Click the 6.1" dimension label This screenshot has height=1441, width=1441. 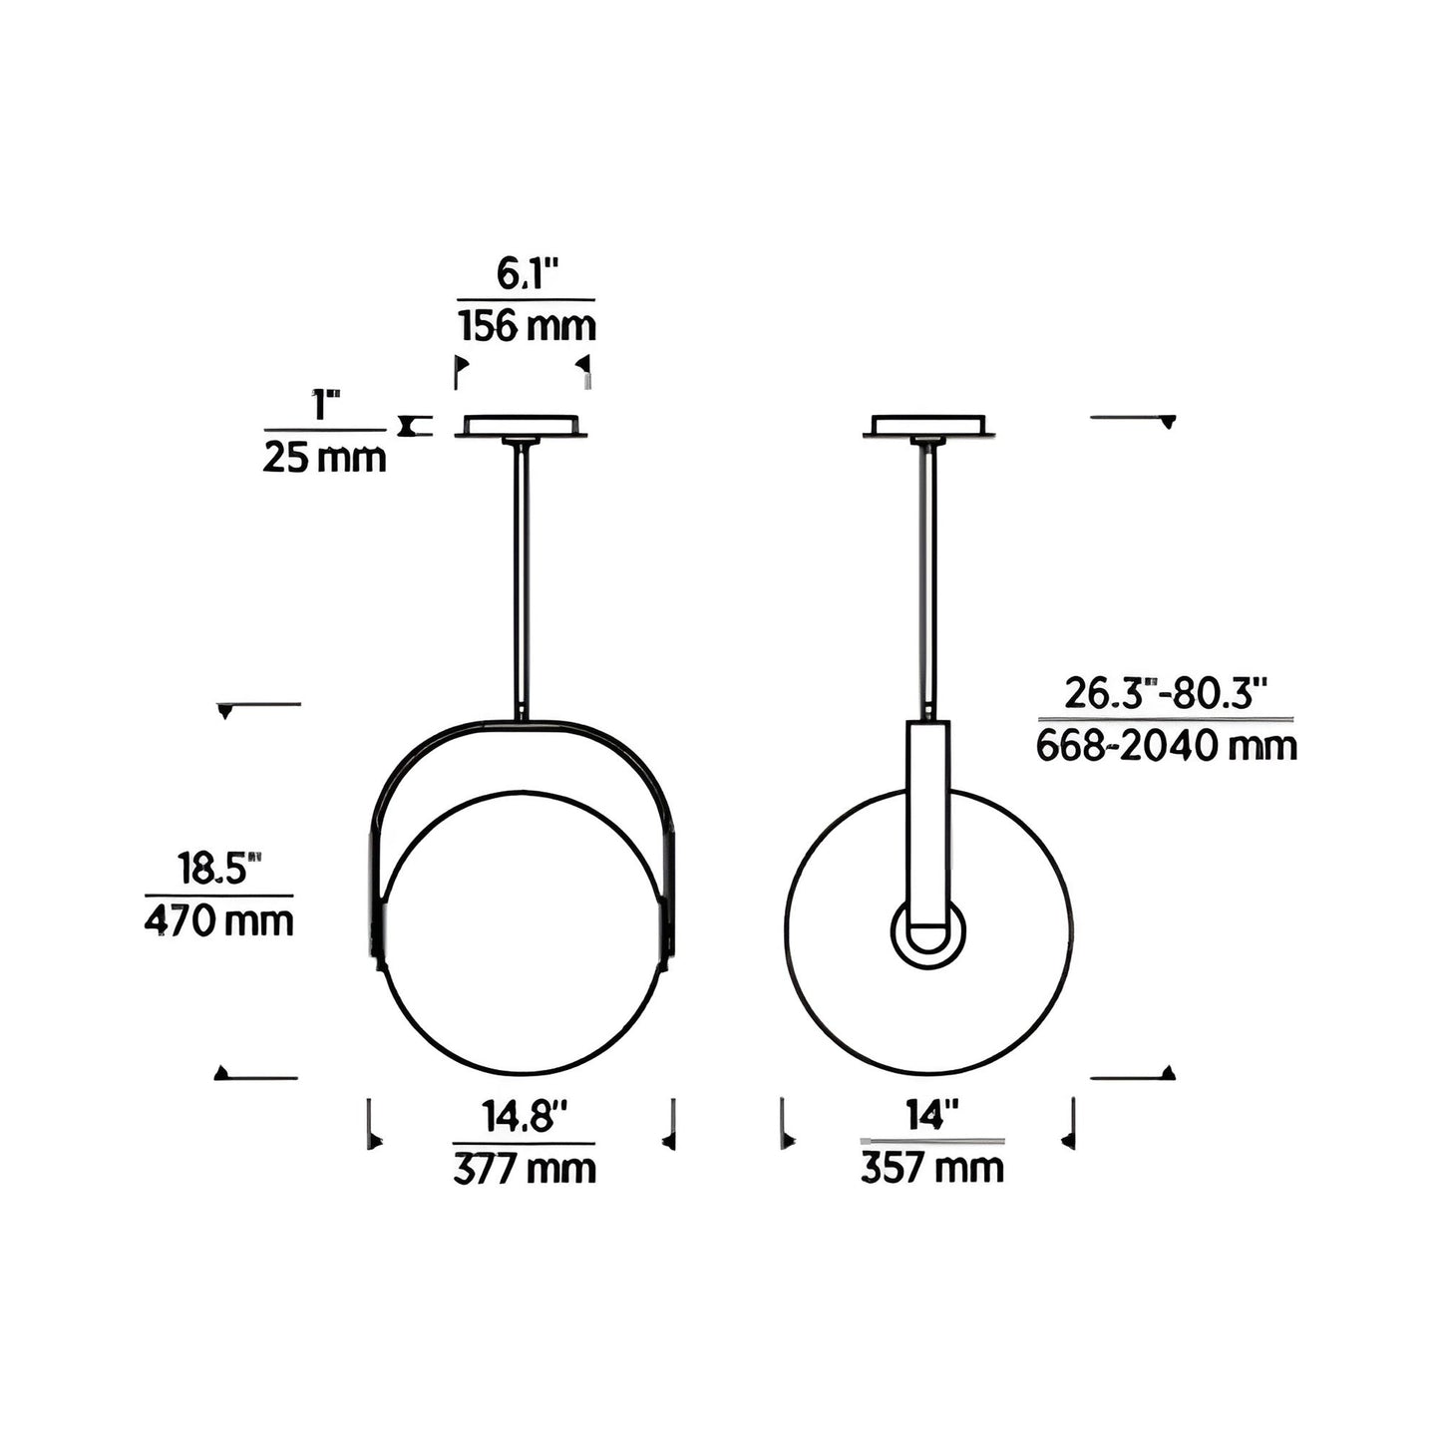point(528,275)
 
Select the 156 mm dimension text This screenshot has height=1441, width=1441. point(528,326)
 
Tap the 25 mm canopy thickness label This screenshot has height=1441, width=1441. point(324,457)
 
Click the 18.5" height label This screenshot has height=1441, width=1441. point(219,869)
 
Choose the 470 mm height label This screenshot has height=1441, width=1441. point(218,921)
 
